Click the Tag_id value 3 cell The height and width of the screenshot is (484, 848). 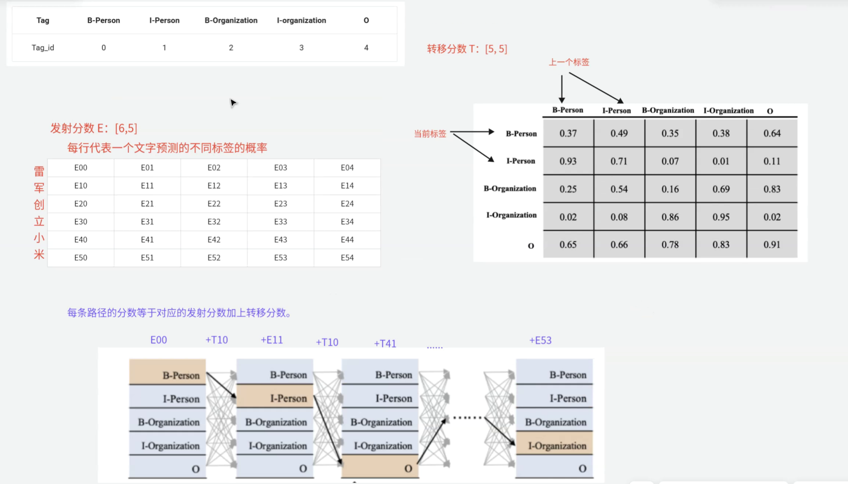301,47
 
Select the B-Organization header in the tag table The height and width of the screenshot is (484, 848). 231,20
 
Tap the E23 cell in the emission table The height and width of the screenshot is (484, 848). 280,204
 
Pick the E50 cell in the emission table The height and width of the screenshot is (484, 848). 81,258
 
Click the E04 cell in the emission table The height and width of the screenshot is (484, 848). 347,168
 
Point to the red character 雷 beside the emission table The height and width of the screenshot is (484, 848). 39,171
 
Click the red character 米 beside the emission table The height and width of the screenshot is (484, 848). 39,254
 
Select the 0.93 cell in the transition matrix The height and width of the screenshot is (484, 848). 568,161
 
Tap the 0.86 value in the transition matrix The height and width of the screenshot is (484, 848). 670,217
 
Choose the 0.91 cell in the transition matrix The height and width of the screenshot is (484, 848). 772,245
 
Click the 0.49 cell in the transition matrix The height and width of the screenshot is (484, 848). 619,133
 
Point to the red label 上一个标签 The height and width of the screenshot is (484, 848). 569,62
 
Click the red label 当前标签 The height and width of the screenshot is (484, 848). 430,134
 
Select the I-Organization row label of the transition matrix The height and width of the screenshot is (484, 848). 511,215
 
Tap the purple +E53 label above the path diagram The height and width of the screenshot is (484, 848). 540,340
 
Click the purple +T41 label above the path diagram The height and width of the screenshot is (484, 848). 385,343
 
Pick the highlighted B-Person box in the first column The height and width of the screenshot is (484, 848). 167,372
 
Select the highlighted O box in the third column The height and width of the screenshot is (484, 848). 380,466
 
